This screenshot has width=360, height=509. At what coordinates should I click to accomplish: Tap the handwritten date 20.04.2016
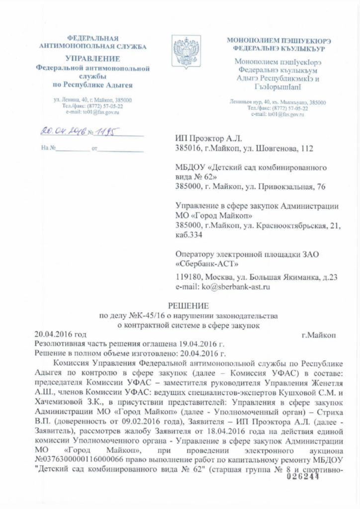coord(60,132)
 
